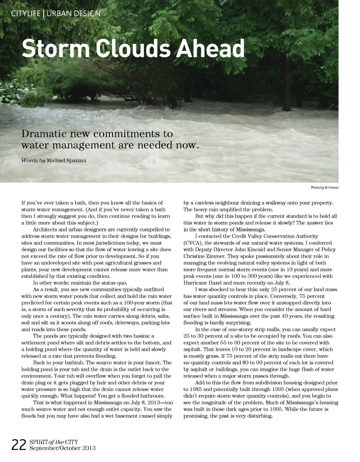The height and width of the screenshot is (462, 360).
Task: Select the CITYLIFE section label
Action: click(25, 14)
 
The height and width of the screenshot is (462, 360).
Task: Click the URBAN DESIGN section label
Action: click(73, 14)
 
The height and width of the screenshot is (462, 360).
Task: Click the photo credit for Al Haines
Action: click(324, 187)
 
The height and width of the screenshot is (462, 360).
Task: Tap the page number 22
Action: click(19, 445)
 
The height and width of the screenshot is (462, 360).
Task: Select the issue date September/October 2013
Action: click(62, 448)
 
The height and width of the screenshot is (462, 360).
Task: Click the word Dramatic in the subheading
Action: click(45, 134)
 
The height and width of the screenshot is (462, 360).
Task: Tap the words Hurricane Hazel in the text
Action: click(203, 283)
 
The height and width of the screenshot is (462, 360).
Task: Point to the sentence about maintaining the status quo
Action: click(80, 283)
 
